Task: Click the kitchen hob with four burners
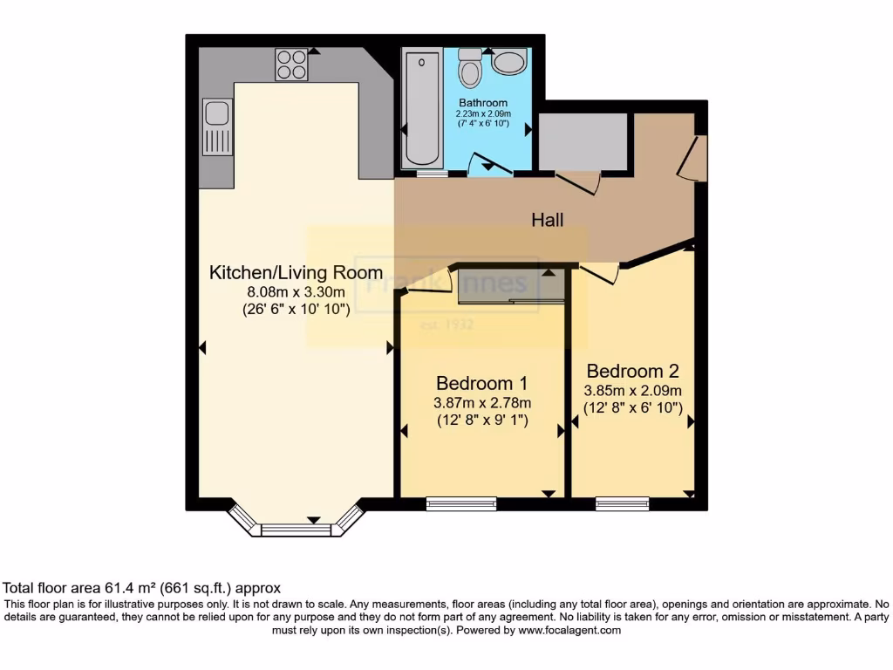pos(292,64)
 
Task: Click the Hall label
pos(548,220)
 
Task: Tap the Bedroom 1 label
pos(481,383)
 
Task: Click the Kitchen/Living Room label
pos(296,272)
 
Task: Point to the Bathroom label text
pos(483,103)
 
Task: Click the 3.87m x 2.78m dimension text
pos(482,403)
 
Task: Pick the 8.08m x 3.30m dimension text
pos(296,291)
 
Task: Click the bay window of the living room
pos(297,527)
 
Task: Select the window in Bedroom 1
pos(461,503)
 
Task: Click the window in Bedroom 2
pos(622,503)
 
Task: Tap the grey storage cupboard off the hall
pos(583,142)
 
